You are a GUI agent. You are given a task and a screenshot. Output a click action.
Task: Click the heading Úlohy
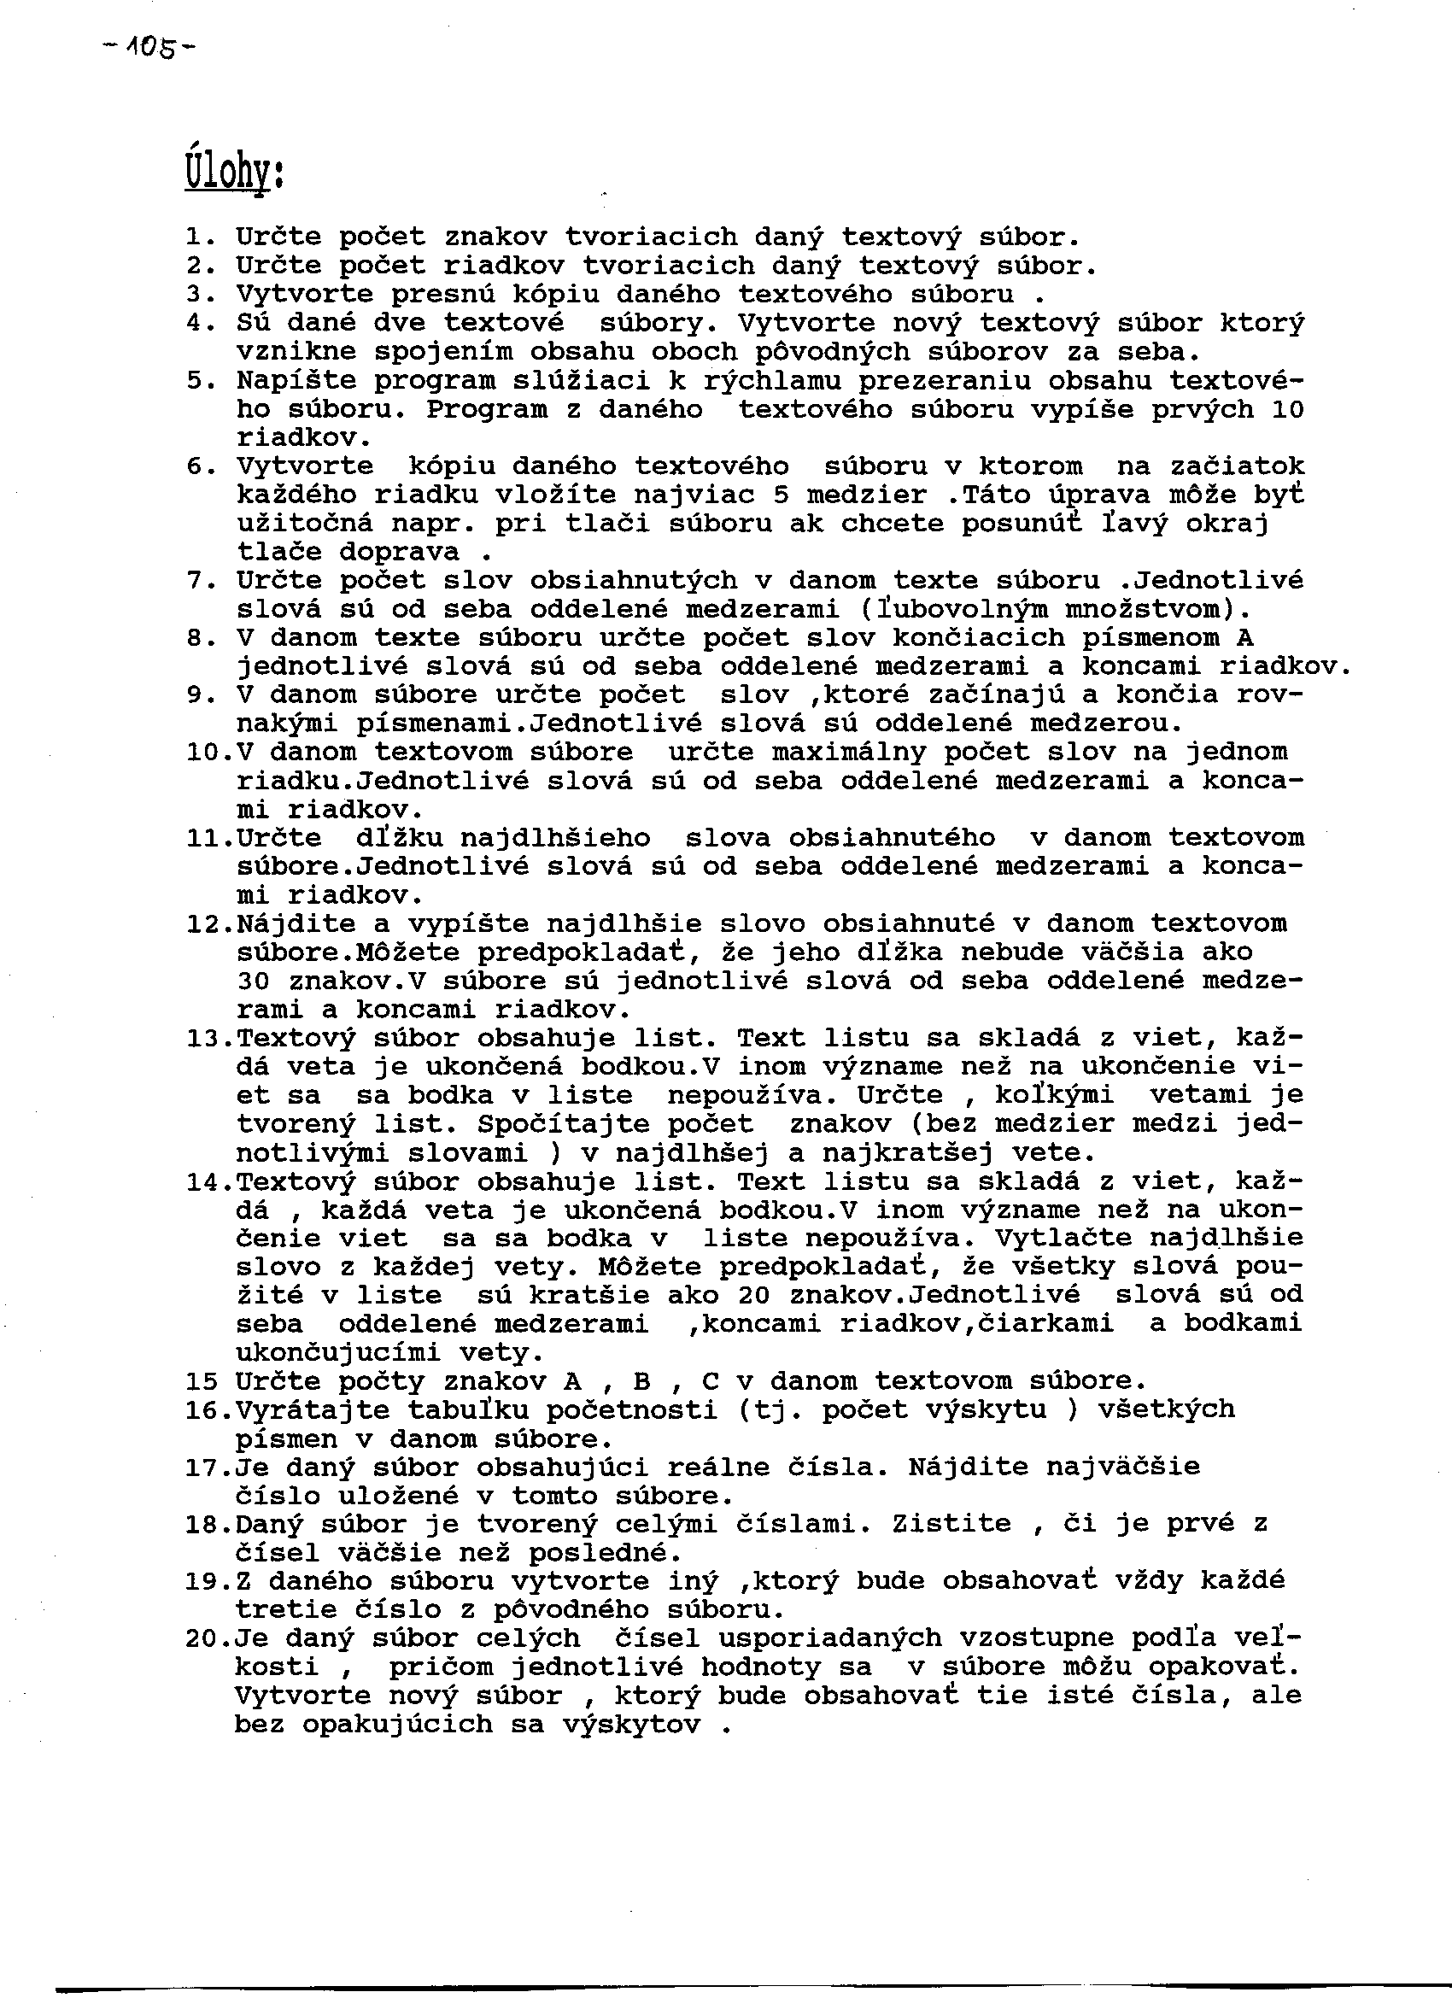[x=233, y=169]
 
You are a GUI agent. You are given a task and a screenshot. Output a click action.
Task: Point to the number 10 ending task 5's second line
[x=1286, y=410]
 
